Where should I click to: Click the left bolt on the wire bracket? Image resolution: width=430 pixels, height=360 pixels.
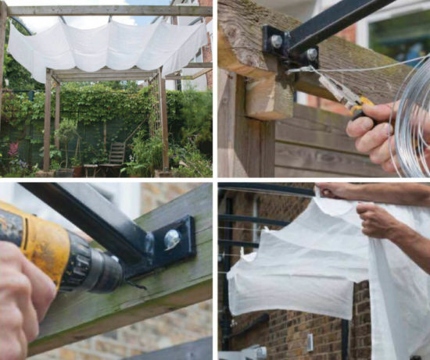(x=277, y=41)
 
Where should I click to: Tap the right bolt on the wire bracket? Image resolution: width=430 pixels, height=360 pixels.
(x=312, y=55)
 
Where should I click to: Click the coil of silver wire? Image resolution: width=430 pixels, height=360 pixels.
(x=410, y=117)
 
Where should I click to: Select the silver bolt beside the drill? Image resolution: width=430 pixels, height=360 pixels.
(x=171, y=240)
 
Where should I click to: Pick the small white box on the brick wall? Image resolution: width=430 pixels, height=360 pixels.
(x=310, y=341)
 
